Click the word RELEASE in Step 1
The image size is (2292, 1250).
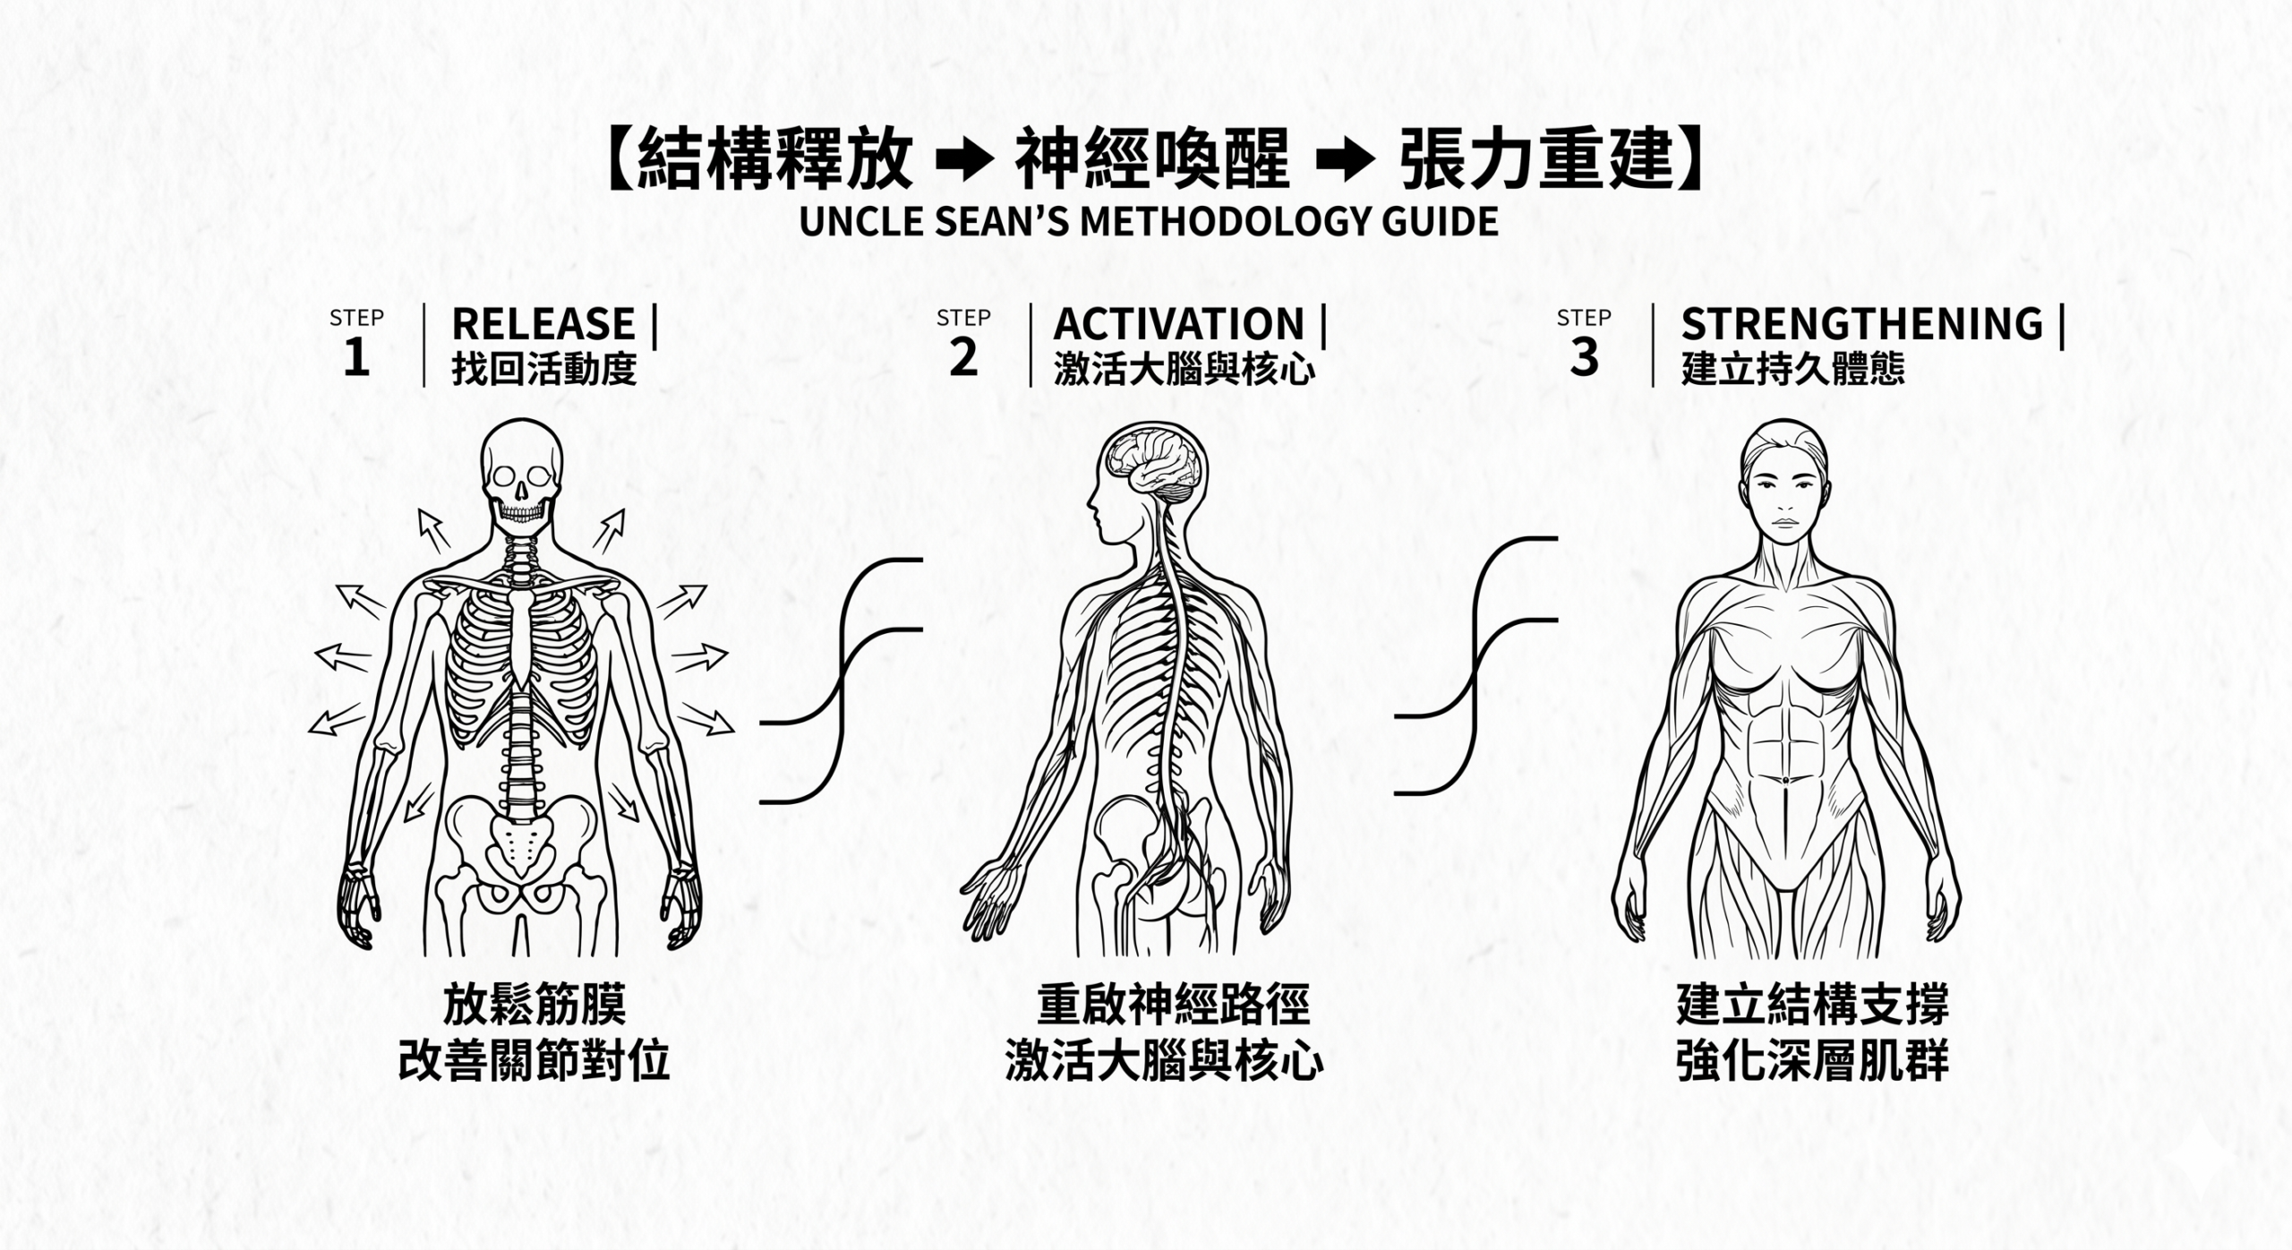543,324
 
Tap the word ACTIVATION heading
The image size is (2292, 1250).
1179,324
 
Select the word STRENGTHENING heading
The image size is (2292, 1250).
1862,324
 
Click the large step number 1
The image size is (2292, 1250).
356,358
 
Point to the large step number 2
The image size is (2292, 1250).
963,358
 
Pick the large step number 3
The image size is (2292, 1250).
1584,358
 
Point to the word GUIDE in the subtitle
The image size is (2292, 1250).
1440,221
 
